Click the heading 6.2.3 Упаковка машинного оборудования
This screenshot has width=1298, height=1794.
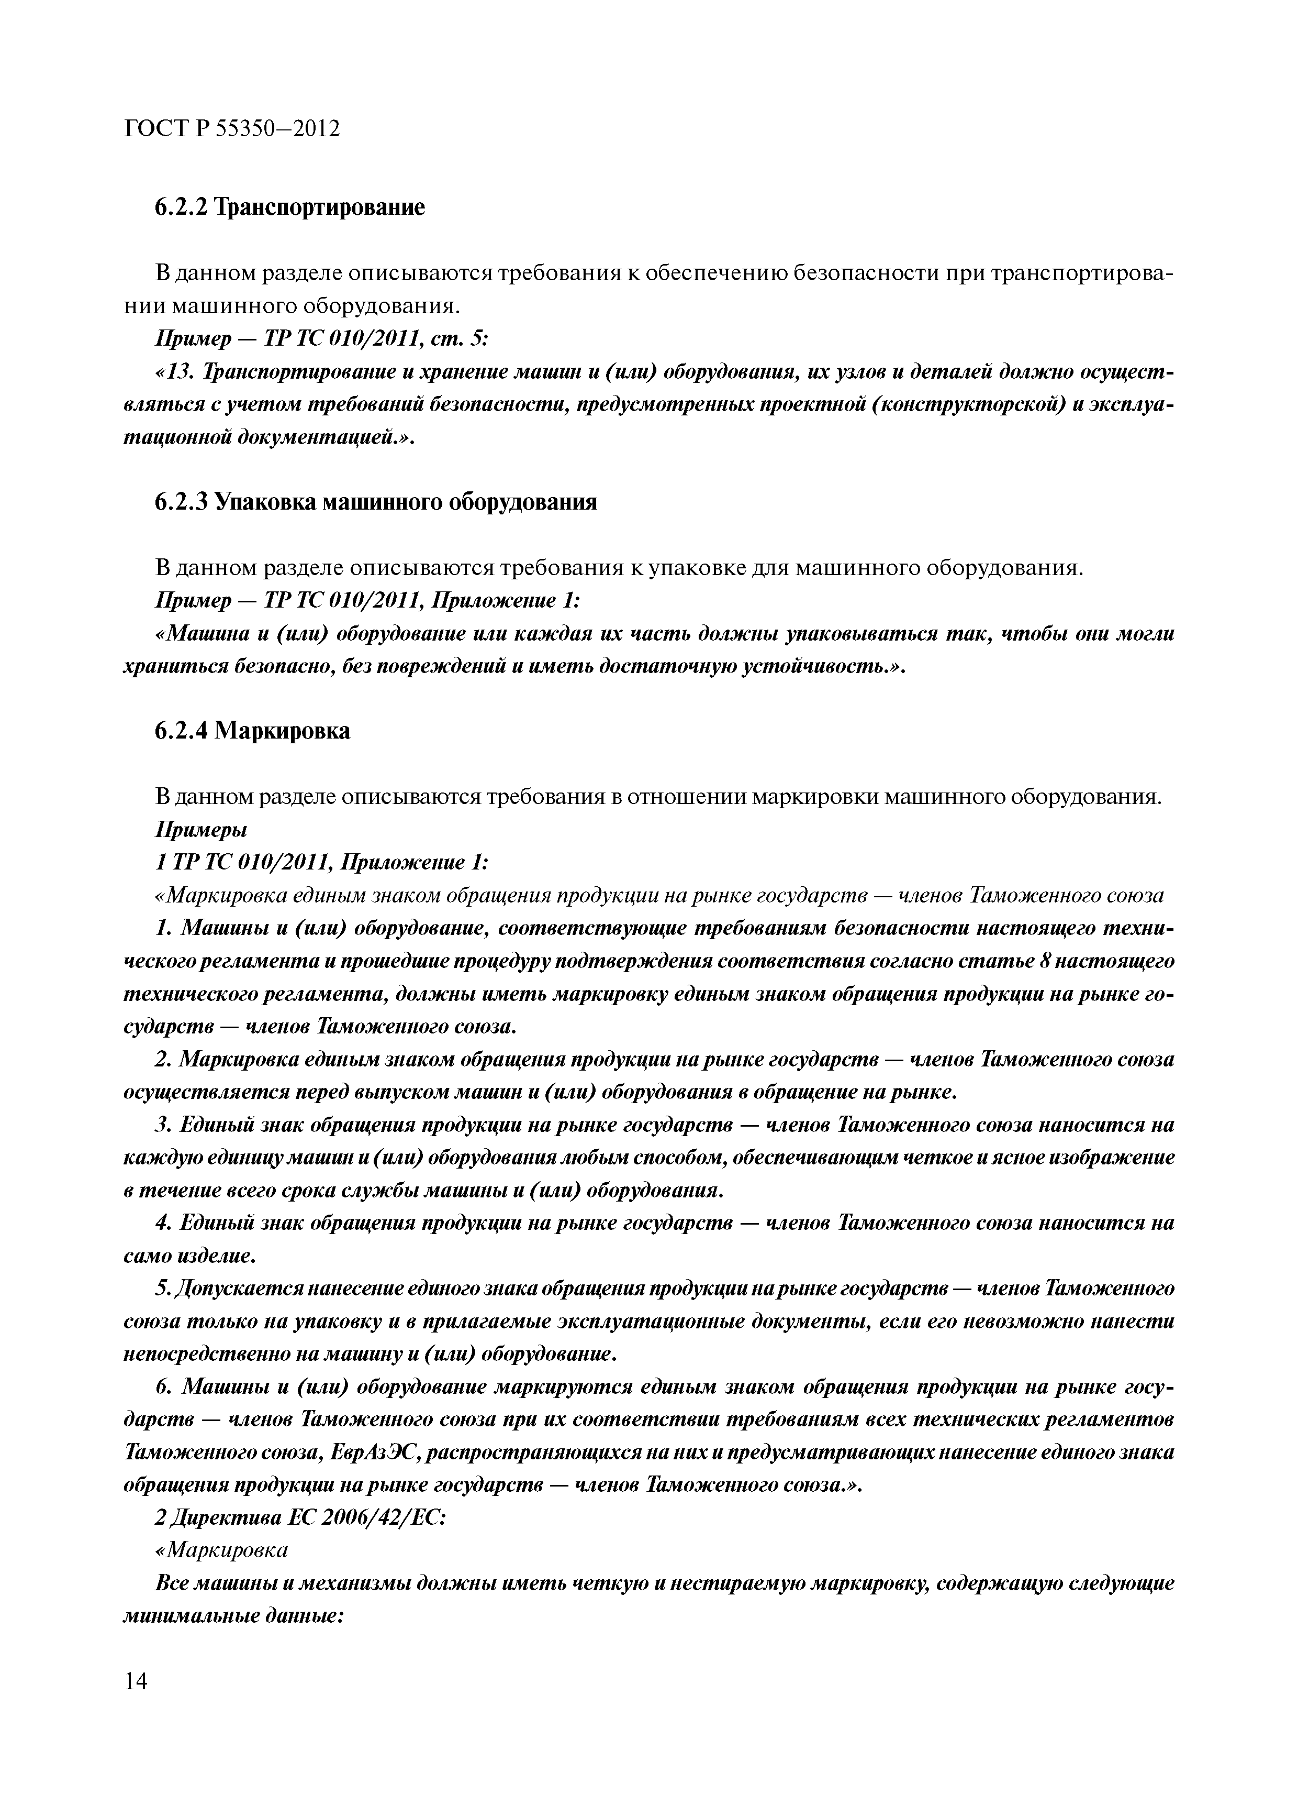point(375,501)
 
